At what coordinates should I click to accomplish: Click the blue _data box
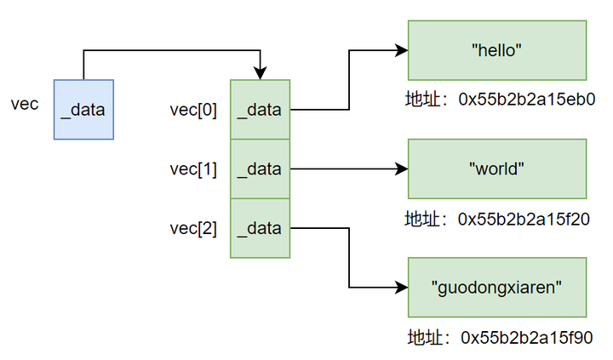pyautogui.click(x=83, y=110)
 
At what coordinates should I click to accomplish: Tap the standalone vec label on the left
pyautogui.click(x=24, y=104)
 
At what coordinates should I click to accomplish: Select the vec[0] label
pyautogui.click(x=193, y=110)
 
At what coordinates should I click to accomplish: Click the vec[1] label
pyautogui.click(x=193, y=169)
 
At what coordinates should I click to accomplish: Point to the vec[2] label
pyautogui.click(x=193, y=228)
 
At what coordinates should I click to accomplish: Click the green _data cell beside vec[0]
pyautogui.click(x=260, y=110)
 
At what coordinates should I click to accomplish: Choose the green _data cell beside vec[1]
pyautogui.click(x=260, y=169)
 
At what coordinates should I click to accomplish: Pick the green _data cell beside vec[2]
pyautogui.click(x=260, y=228)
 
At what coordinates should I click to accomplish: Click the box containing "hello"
pyautogui.click(x=497, y=50)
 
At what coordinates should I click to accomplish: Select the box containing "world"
pyautogui.click(x=497, y=169)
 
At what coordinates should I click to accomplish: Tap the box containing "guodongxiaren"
pyautogui.click(x=497, y=287)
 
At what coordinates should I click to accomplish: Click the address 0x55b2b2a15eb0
pyautogui.click(x=526, y=99)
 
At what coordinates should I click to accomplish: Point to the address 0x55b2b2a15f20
pyautogui.click(x=526, y=218)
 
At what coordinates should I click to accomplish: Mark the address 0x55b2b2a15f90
pyautogui.click(x=528, y=337)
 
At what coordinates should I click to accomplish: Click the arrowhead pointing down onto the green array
pyautogui.click(x=260, y=74)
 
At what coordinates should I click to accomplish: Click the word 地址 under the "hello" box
pyautogui.click(x=422, y=99)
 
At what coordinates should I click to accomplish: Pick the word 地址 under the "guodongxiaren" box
pyautogui.click(x=425, y=337)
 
